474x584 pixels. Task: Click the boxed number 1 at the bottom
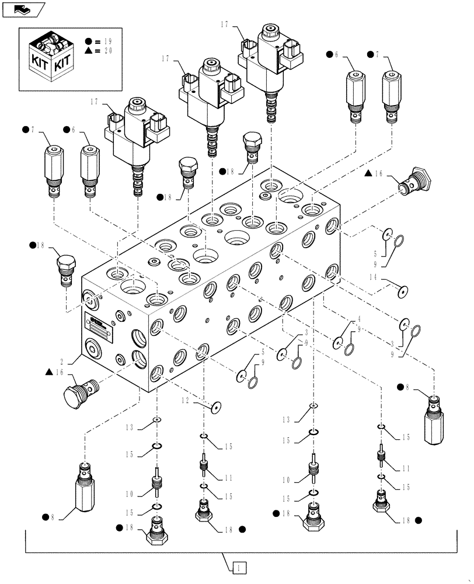[239, 566]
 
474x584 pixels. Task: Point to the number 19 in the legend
[107, 41]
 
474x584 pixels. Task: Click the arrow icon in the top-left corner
[23, 9]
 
